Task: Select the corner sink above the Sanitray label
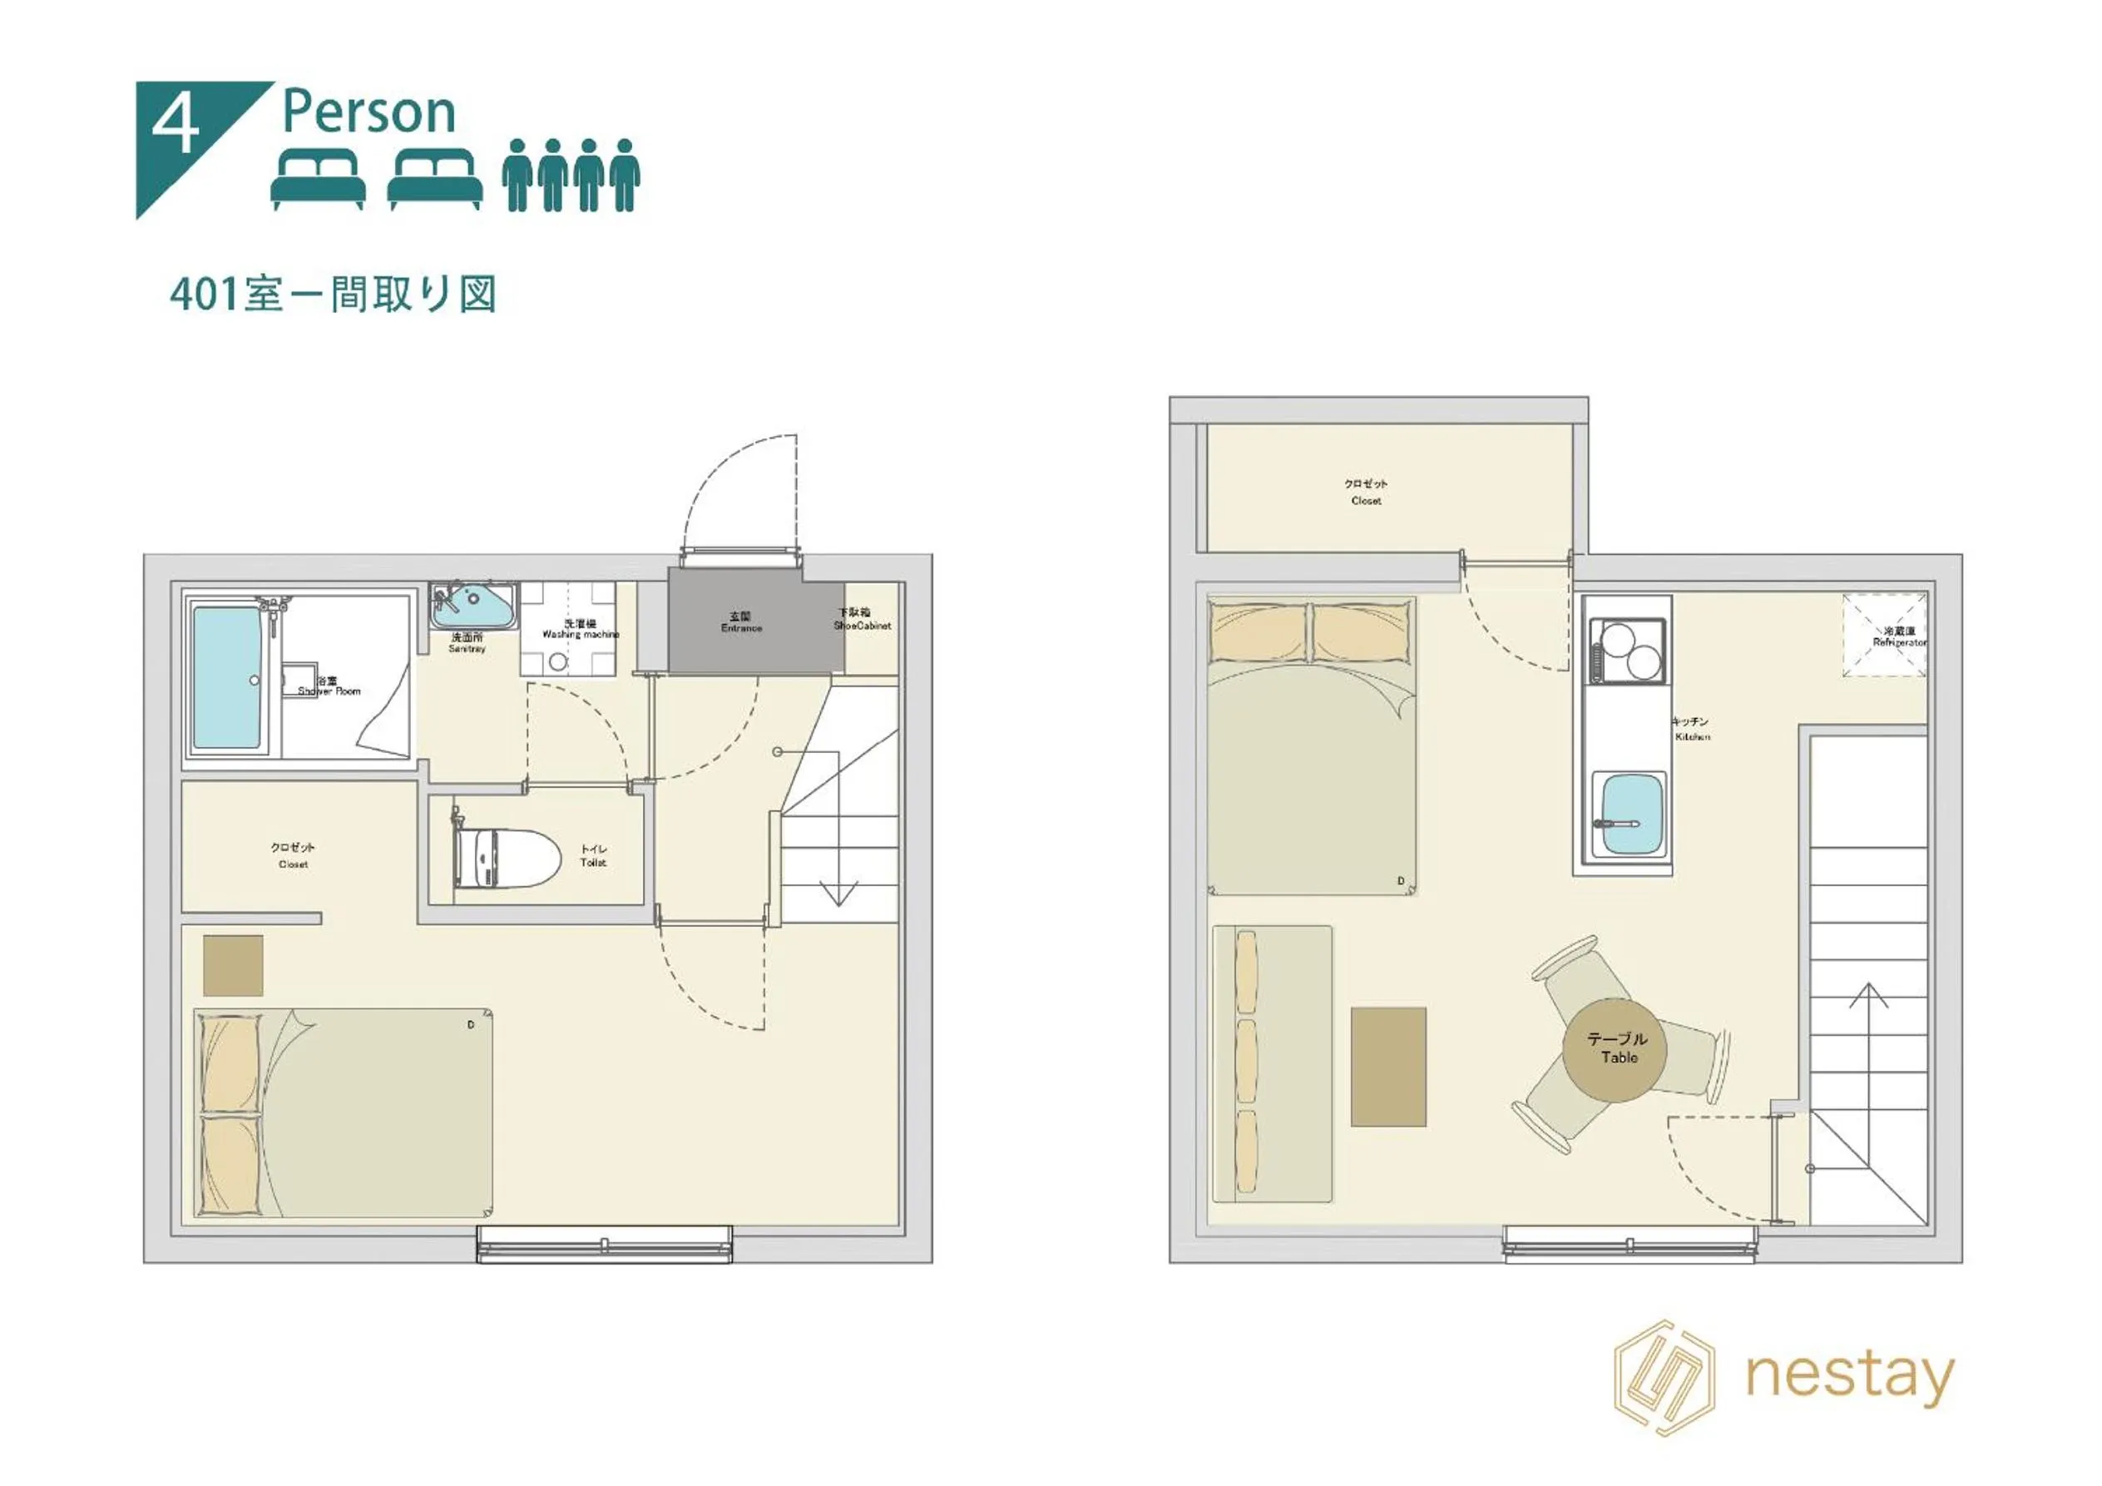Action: point(472,604)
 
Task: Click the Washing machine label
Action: point(581,629)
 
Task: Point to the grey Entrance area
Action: point(741,622)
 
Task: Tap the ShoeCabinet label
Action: point(862,620)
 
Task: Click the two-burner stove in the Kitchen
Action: point(1629,650)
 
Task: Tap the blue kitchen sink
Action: point(1629,812)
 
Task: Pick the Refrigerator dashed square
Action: point(1884,636)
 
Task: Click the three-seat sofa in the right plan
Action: point(1272,1064)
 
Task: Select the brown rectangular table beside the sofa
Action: point(1388,1067)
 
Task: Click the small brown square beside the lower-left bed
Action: point(233,965)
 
